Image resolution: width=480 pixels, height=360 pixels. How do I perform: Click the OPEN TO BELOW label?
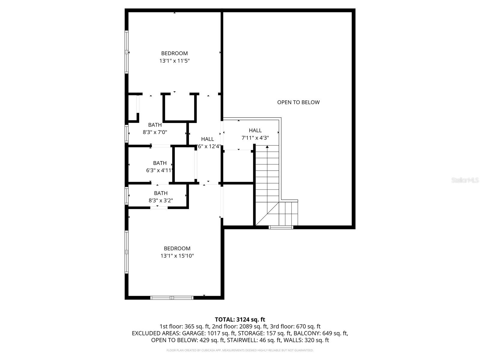coord(298,102)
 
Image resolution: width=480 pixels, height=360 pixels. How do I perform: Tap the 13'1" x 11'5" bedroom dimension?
coord(174,61)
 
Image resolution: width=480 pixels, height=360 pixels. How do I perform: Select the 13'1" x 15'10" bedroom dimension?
coord(177,256)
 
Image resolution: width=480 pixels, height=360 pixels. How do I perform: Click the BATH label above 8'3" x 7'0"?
coord(155,125)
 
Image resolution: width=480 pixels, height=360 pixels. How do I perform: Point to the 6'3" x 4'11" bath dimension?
coord(159,170)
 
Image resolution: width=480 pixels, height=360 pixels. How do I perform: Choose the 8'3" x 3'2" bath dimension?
coord(161,200)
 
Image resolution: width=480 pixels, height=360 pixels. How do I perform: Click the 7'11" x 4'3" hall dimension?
coord(255,138)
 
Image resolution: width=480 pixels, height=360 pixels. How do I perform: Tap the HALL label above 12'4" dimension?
coord(207,139)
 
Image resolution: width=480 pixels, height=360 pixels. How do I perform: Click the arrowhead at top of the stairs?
coord(267,147)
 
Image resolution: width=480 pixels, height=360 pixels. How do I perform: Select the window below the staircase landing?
coord(281,227)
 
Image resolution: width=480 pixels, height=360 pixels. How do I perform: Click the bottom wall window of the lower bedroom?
coord(172,298)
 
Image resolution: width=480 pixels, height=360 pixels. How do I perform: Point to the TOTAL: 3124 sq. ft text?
coord(240,319)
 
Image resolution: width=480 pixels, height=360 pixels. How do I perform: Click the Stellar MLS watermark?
coord(465,180)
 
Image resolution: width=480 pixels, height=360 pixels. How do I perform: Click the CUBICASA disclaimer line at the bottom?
coord(240,350)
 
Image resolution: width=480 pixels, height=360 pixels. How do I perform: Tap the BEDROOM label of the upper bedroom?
coord(174,53)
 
